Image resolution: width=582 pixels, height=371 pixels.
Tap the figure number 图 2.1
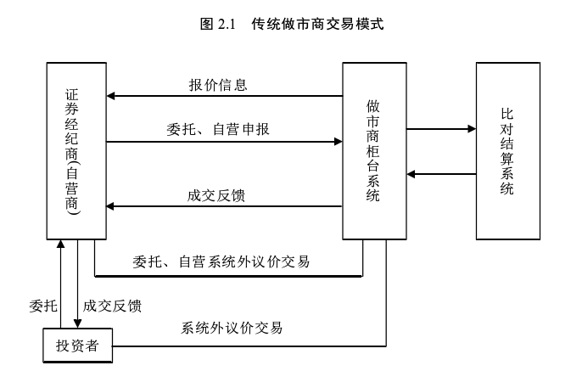pyautogui.click(x=216, y=25)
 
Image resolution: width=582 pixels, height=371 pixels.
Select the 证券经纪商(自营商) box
pyautogui.click(x=76, y=151)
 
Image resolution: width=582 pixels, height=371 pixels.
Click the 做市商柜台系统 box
pyautogui.click(x=373, y=151)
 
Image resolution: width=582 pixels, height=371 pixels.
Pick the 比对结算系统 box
pyautogui.click(x=507, y=151)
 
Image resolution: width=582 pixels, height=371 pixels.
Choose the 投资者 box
pyautogui.click(x=77, y=346)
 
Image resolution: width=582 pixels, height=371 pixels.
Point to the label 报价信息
pyautogui.click(x=218, y=86)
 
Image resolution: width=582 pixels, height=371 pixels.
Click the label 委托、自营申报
pyautogui.click(x=218, y=130)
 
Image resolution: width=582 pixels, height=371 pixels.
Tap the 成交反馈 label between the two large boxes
pyautogui.click(x=217, y=195)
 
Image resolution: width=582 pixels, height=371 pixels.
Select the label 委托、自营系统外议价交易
pyautogui.click(x=221, y=261)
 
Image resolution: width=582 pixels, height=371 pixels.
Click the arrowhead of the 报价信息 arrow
pyautogui.click(x=111, y=97)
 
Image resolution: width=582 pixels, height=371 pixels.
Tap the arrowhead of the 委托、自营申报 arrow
pyautogui.click(x=338, y=142)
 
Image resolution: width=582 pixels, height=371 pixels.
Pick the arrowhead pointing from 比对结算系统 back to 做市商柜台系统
pyautogui.click(x=411, y=174)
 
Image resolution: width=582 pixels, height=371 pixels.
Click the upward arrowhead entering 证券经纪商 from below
pyautogui.click(x=61, y=245)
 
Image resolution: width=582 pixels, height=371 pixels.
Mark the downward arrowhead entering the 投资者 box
pyautogui.click(x=78, y=323)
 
